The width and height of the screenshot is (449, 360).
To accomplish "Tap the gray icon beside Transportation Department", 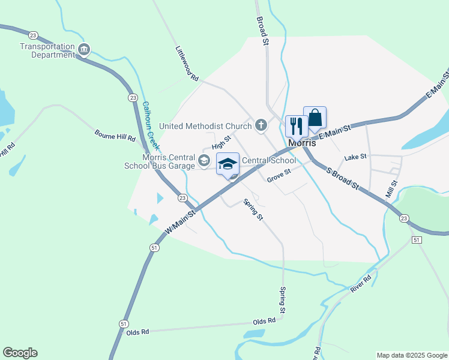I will click(x=84, y=49).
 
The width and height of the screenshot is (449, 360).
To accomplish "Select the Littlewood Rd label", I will click(x=187, y=64).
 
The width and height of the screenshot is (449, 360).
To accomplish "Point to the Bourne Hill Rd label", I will click(x=115, y=135).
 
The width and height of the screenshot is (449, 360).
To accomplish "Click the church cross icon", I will click(x=261, y=125).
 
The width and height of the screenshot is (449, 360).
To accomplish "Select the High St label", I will click(x=221, y=143).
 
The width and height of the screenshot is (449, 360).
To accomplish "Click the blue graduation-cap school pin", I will click(x=228, y=164).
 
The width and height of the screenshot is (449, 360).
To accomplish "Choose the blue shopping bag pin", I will click(x=315, y=118).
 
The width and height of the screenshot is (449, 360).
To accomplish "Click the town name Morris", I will click(x=302, y=144).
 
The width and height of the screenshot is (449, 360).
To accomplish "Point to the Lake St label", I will click(x=355, y=157).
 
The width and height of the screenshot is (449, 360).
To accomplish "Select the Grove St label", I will click(x=279, y=175).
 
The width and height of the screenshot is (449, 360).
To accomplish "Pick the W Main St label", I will click(x=181, y=221).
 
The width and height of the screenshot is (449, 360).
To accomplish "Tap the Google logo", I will click(x=20, y=353).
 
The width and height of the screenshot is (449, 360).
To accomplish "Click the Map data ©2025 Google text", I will click(x=412, y=355).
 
